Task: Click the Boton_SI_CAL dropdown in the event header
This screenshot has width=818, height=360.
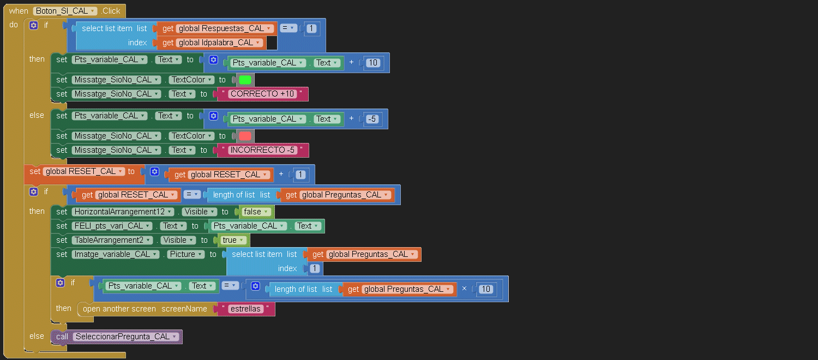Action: click(65, 11)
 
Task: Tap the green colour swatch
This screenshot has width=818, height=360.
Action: click(245, 80)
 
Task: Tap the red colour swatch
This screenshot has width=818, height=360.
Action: click(245, 136)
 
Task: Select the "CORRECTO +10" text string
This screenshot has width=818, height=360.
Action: click(262, 94)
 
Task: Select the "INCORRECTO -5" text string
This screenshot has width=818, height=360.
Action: click(262, 150)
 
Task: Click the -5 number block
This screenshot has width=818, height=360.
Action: click(372, 119)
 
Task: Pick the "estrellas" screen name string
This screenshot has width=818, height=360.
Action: click(245, 309)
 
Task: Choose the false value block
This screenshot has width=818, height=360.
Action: click(255, 212)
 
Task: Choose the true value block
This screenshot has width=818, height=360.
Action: click(232, 240)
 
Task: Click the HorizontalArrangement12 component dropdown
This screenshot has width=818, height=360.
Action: click(123, 212)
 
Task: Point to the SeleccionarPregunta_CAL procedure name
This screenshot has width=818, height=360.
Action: click(125, 337)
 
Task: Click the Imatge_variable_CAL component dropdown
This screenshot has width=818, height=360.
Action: click(115, 254)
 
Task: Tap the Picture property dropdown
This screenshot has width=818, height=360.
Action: click(185, 254)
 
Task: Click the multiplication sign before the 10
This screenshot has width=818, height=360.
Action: click(464, 289)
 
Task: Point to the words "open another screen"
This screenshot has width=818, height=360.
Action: click(119, 309)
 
